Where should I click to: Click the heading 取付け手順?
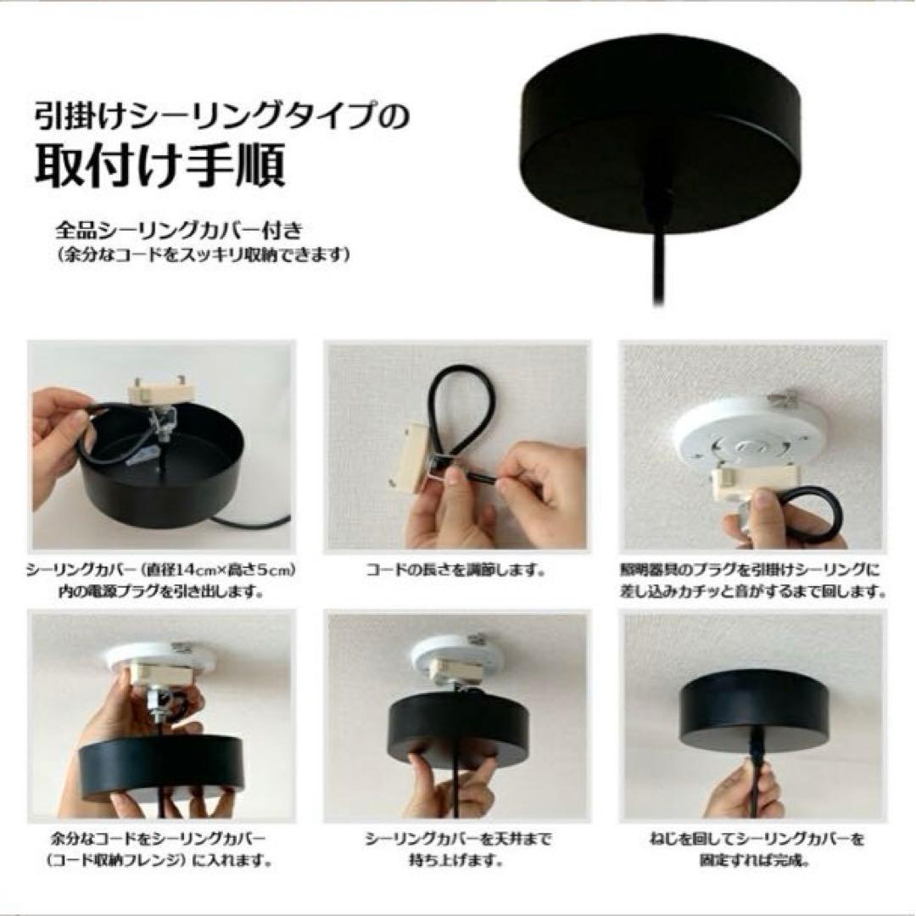tap(160, 165)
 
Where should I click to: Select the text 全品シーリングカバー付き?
tap(179, 231)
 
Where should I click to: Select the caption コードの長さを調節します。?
tap(456, 570)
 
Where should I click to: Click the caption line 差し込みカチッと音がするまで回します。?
tap(753, 592)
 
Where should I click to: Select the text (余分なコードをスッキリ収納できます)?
tap(204, 256)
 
